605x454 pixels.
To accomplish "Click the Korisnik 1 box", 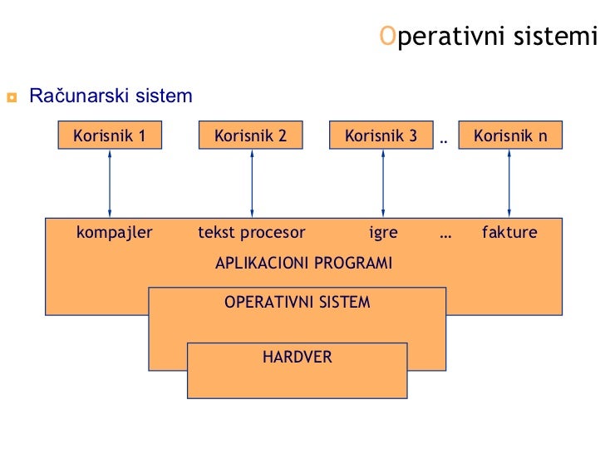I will tap(110, 136).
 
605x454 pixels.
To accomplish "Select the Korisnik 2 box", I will tap(250, 136).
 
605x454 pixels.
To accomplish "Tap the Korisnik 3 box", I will tap(381, 136).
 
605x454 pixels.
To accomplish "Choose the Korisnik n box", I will tap(509, 136).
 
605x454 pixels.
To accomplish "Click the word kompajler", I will tap(115, 233).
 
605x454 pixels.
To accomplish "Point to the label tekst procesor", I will tap(252, 233).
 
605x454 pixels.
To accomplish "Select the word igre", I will tap(383, 233).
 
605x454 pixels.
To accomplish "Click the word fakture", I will tap(509, 233).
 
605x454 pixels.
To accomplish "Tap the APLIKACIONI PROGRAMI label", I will tap(303, 264).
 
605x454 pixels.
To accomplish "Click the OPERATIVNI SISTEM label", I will tap(297, 303).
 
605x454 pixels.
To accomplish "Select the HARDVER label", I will tap(297, 358).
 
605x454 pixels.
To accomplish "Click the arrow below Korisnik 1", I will tap(110, 184).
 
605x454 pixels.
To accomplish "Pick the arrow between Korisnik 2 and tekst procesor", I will tap(251, 184).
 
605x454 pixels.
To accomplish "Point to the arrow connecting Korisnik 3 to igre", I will tap(382, 184).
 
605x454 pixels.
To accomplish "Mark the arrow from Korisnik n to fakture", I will tap(509, 184).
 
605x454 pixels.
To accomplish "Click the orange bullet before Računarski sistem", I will tap(12, 97).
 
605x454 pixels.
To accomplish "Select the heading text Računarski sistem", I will tap(111, 96).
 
